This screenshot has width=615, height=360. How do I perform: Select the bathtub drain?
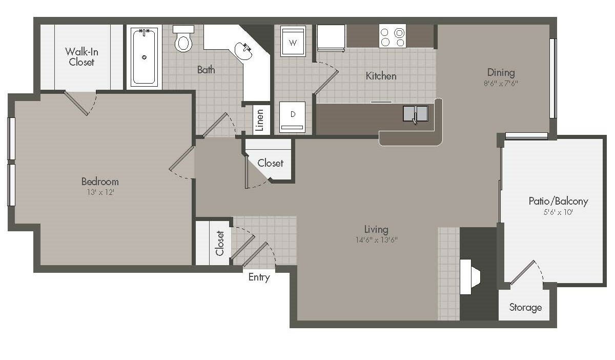144,57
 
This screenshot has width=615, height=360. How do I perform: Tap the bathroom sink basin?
243,51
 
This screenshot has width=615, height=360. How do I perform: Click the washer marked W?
293,41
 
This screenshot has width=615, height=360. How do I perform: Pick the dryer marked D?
293,117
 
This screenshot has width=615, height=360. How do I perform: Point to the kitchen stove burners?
393,36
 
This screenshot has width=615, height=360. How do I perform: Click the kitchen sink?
416,114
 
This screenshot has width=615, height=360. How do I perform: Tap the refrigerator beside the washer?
331,37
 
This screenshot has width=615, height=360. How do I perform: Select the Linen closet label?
260,120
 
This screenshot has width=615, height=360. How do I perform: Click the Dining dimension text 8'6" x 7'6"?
501,83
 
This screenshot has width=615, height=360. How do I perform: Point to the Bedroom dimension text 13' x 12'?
100,192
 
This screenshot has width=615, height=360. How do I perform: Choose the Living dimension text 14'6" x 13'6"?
376,240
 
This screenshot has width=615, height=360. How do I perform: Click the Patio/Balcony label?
558,201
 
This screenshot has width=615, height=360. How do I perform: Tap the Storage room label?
525,307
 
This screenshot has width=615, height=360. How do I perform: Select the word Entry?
259,277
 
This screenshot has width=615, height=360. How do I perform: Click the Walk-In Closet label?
81,56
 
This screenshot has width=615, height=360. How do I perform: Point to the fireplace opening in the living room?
470,277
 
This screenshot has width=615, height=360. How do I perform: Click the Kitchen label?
381,76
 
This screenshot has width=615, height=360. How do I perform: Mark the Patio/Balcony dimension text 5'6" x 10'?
558,212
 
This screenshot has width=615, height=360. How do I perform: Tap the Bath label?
206,70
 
